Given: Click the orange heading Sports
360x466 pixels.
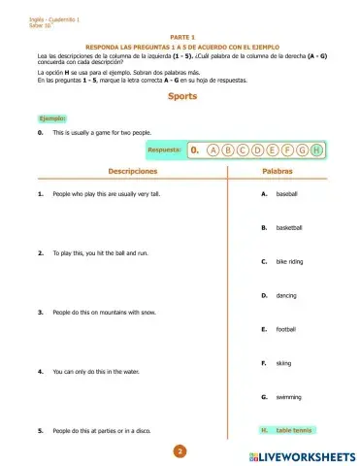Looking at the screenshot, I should point(180,98).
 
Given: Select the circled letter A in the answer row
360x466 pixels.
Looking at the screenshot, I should point(213,151).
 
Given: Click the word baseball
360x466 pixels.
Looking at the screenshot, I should point(287,194).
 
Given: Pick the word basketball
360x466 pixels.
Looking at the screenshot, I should point(289,228).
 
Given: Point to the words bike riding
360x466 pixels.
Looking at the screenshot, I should point(290,262).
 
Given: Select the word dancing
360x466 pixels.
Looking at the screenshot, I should point(286,295).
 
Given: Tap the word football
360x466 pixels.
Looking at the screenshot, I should point(285,329).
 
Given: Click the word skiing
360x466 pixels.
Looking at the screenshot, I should point(283,363).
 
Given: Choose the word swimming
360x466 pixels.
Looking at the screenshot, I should point(288,397).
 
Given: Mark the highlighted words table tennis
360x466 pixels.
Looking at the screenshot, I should point(294,429).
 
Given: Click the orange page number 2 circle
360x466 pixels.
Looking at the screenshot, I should point(180,450).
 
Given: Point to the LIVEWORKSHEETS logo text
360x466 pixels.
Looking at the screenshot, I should point(303,454).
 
